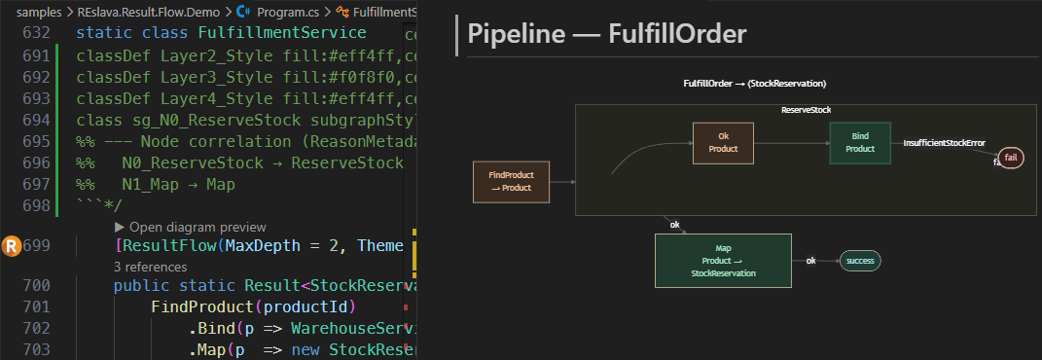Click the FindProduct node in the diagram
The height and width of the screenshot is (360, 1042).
pos(510,181)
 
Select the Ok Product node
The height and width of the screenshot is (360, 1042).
pos(723,142)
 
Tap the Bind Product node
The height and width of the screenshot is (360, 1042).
pos(859,142)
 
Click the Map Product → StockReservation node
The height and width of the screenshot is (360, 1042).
pos(716,261)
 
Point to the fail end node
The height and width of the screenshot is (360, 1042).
pos(1011,158)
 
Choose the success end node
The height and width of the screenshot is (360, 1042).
pos(860,261)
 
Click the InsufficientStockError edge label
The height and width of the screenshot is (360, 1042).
pos(944,143)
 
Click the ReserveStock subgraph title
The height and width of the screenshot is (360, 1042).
pos(806,111)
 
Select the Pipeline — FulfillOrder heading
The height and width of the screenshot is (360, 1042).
pos(607,34)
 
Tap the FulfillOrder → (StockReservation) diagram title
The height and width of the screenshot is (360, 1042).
pos(755,85)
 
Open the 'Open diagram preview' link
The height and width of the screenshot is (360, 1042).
pos(190,227)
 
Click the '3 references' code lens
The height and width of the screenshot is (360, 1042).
pos(150,266)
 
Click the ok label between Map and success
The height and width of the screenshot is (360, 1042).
pos(810,261)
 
